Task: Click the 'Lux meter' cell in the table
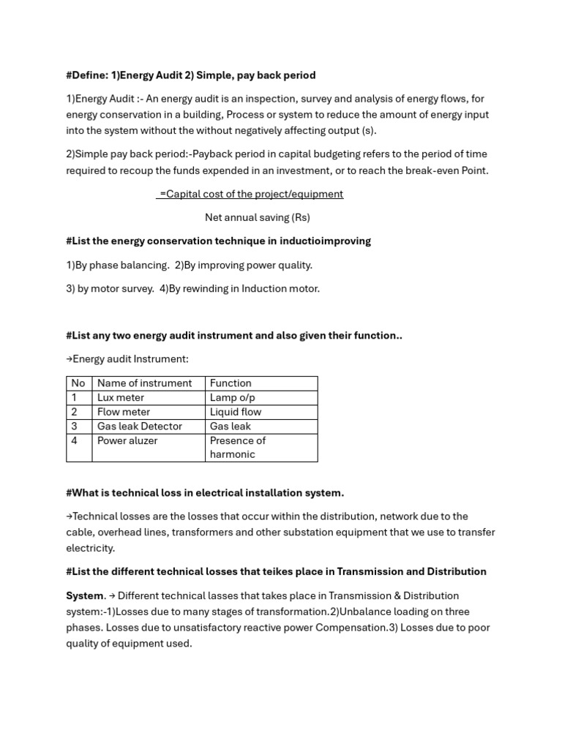click(x=121, y=398)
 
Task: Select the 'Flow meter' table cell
click(x=123, y=412)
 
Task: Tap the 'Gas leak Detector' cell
click(x=139, y=426)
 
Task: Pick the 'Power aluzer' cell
click(x=127, y=441)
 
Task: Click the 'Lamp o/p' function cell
click(x=232, y=398)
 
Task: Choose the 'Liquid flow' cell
click(x=235, y=412)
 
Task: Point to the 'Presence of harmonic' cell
click(x=237, y=448)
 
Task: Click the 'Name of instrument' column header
click(x=144, y=383)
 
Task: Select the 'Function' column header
click(x=231, y=383)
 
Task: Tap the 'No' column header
click(x=78, y=383)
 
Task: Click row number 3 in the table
click(x=75, y=426)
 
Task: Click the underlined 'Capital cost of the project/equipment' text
click(x=250, y=195)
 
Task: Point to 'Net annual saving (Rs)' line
click(x=257, y=218)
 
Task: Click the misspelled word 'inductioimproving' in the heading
click(x=326, y=241)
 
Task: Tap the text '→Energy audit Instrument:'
click(x=127, y=359)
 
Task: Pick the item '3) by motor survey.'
click(x=110, y=289)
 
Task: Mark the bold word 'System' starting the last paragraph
click(x=84, y=596)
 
